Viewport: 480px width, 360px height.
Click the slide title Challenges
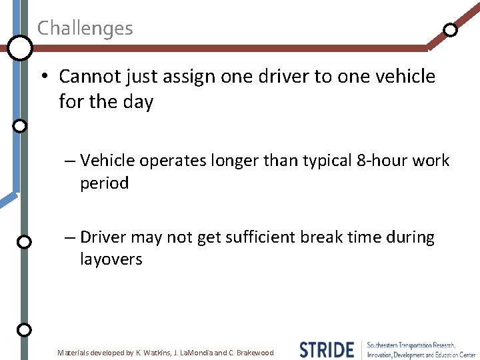tap(85, 29)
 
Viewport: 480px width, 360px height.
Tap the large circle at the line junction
tap(20, 47)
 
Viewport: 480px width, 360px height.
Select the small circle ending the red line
tap(451, 30)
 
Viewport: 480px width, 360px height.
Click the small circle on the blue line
tap(20, 125)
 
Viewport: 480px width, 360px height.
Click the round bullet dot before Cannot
tap(43, 77)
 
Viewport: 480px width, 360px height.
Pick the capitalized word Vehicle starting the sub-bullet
tap(106, 161)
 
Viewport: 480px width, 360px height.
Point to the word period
tap(104, 183)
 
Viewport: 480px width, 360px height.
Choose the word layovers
tap(111, 259)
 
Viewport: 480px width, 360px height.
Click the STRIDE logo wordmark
tap(327, 350)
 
